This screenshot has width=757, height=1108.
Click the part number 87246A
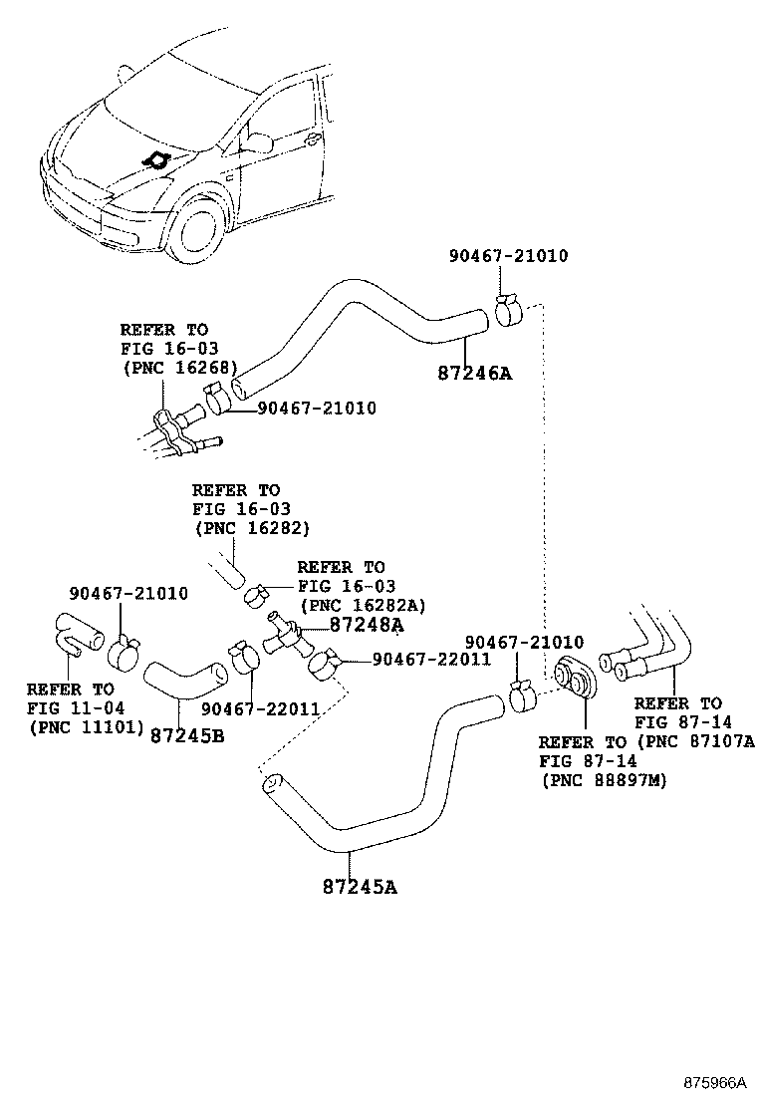pos(473,374)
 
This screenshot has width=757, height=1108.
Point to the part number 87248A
pos(366,625)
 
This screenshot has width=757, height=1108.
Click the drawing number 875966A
pos(713,1081)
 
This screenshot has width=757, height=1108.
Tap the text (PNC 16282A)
pos(363,605)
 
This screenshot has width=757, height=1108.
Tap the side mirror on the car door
pos(258,142)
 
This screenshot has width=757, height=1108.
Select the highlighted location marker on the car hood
pos(155,160)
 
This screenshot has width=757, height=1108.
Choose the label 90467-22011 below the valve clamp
pos(259,708)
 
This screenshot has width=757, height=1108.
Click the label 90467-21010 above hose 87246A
pos(508,256)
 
